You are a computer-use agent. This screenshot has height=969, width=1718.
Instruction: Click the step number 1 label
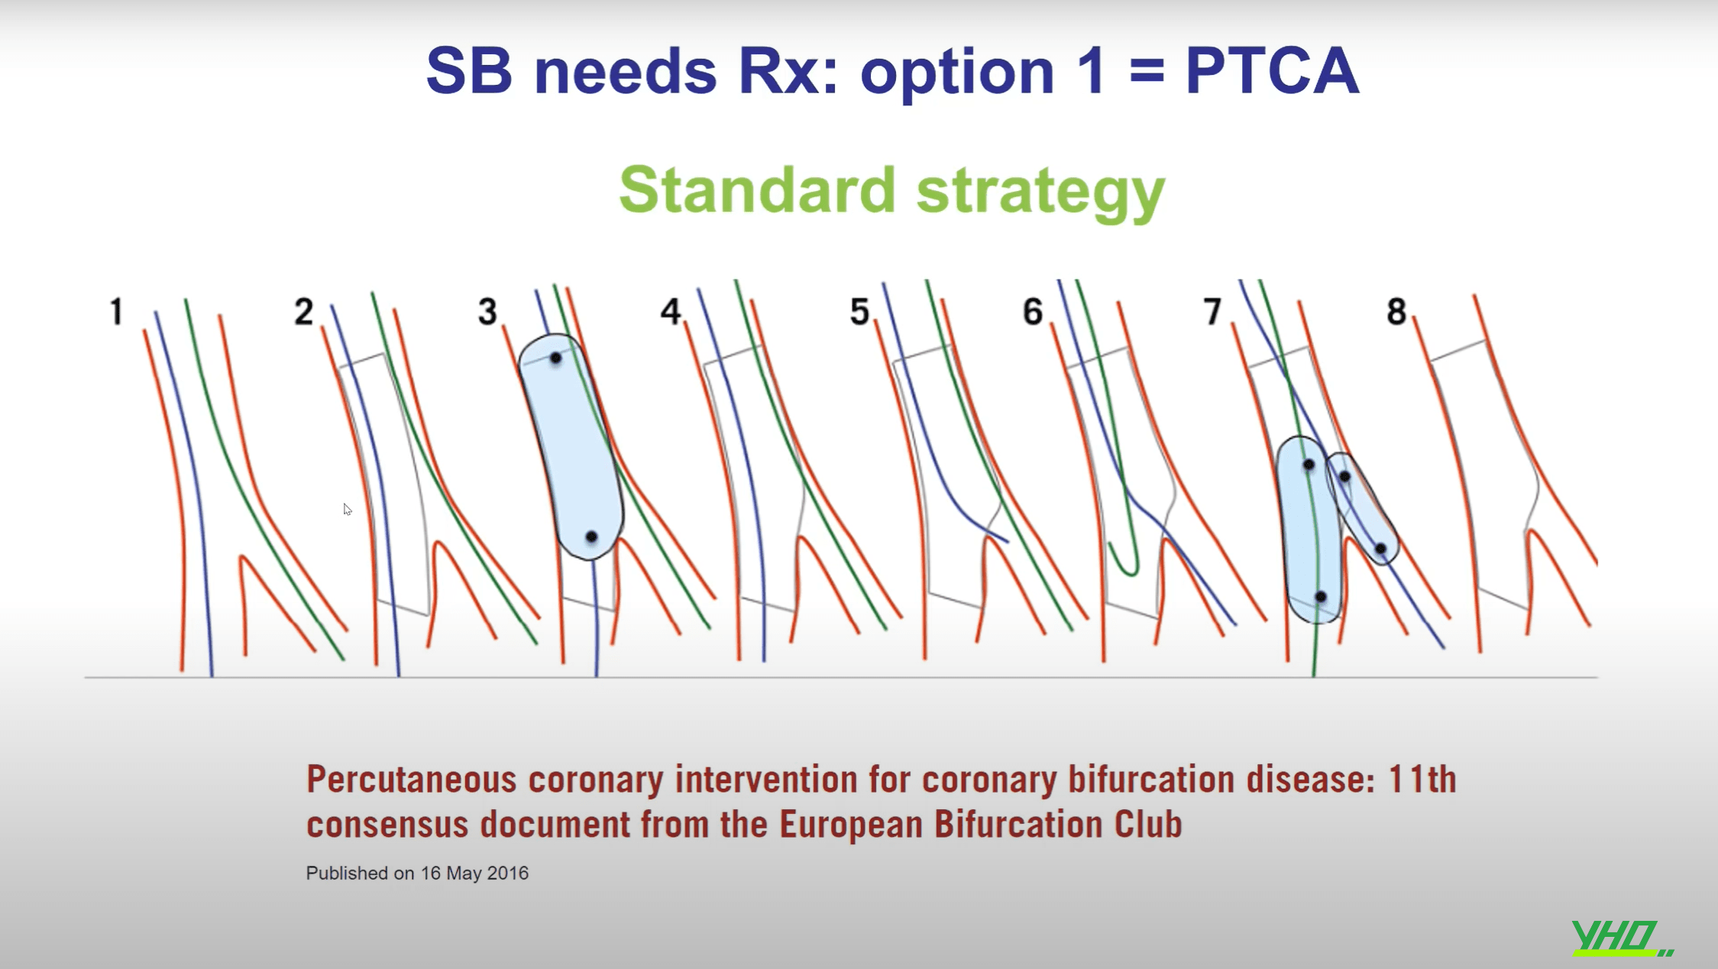(x=116, y=312)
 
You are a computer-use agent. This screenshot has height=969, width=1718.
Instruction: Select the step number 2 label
(x=303, y=312)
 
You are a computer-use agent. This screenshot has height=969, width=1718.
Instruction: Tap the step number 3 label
(x=487, y=312)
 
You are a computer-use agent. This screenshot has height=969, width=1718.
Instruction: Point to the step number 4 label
(x=671, y=312)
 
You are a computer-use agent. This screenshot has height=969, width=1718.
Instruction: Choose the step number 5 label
(x=859, y=312)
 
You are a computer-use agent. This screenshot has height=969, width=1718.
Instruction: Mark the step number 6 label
(x=1033, y=312)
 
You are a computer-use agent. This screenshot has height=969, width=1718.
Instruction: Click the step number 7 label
(x=1212, y=312)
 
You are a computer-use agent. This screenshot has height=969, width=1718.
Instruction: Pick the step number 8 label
(x=1396, y=312)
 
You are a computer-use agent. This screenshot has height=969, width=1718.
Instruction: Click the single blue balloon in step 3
(x=571, y=446)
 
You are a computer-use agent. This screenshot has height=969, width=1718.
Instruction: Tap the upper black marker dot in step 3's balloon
(x=555, y=358)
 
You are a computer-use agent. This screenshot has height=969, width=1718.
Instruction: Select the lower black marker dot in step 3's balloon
(x=591, y=537)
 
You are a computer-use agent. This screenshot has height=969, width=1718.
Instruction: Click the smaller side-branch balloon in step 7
(x=1362, y=508)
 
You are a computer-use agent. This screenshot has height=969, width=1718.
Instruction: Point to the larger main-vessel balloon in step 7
(x=1309, y=529)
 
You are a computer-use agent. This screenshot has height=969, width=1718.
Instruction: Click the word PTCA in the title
(x=1272, y=71)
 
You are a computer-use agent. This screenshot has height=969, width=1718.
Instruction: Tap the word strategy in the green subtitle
(x=1040, y=194)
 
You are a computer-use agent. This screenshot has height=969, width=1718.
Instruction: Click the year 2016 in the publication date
(x=507, y=873)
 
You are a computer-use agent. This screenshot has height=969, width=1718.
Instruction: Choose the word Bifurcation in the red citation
(x=1018, y=825)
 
